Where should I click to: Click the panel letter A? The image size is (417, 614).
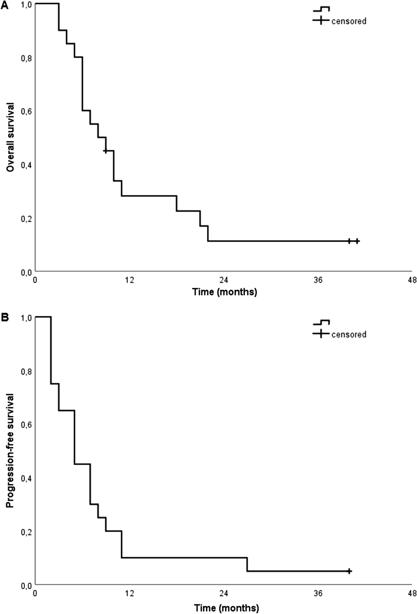click(4, 5)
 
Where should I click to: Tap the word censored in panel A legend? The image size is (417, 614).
click(349, 21)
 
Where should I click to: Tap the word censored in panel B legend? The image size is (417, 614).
click(349, 334)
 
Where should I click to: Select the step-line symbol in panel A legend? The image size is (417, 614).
click(321, 9)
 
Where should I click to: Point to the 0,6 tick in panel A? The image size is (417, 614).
click(26, 111)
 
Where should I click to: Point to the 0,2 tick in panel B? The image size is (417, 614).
click(26, 532)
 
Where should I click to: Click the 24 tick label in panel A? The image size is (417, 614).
click(224, 280)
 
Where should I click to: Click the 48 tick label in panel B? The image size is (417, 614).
click(412, 593)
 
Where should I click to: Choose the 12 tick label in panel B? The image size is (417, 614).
click(129, 593)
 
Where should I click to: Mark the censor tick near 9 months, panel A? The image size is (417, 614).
click(105, 151)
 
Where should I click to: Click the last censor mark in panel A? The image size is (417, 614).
click(357, 241)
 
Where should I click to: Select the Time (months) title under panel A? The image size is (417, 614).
click(225, 292)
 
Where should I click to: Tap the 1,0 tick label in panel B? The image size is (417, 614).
click(26, 317)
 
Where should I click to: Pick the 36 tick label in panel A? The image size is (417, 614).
click(318, 280)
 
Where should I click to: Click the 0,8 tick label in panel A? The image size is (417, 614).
click(26, 58)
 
